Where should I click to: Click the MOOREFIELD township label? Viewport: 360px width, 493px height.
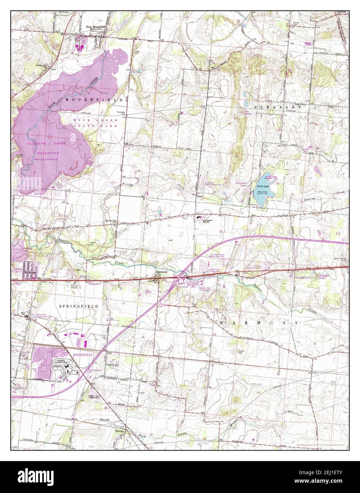coord(94,100)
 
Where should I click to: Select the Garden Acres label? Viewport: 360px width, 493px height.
coord(18,271)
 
